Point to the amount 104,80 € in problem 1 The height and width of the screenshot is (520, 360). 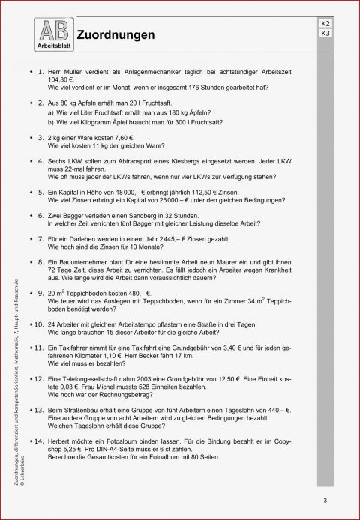click(61, 79)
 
